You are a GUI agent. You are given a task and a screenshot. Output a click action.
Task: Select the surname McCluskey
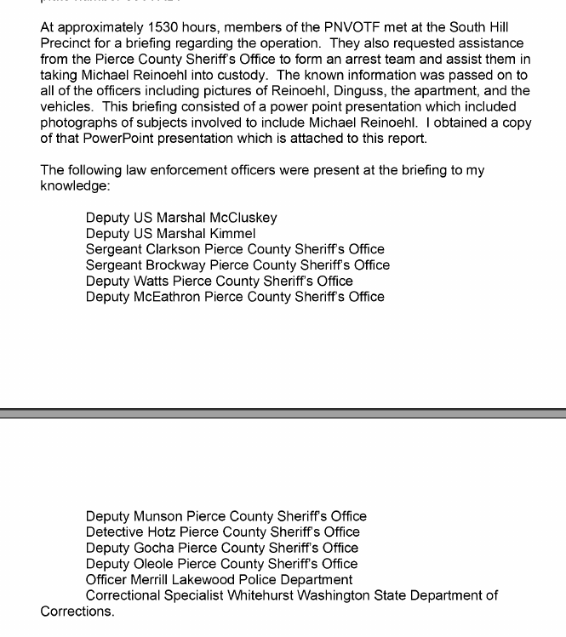click(243, 218)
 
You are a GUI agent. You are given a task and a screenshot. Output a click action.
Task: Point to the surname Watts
click(152, 281)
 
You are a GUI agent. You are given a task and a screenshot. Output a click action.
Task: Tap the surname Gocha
click(154, 548)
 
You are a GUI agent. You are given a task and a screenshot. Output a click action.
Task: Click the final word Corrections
click(77, 611)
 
